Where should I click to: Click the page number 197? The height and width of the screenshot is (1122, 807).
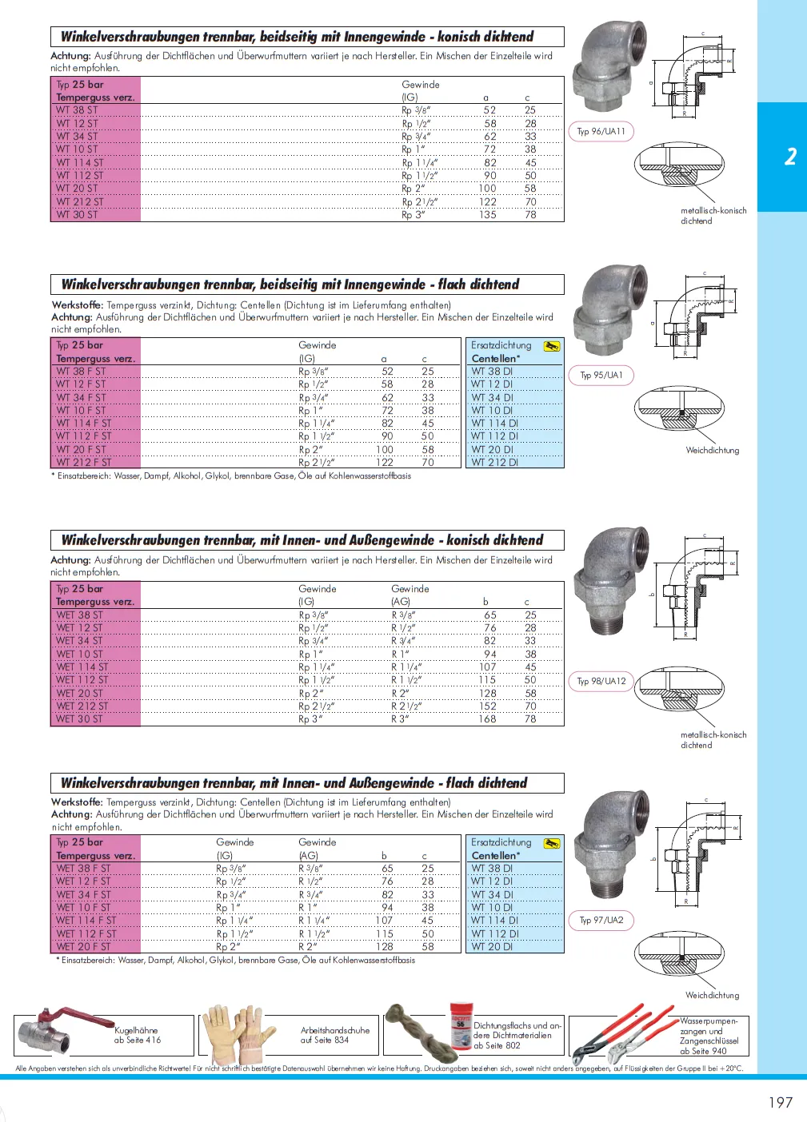pos(780,1102)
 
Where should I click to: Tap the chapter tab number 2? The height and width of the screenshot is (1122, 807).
pos(790,156)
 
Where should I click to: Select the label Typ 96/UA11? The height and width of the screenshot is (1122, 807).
pos(601,132)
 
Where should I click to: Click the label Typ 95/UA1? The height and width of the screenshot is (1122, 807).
pos(601,375)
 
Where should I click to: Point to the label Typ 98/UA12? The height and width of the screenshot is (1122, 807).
pos(601,681)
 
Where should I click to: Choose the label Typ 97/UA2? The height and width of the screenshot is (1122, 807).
pos(601,920)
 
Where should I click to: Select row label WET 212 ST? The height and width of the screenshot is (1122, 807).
pos(82,706)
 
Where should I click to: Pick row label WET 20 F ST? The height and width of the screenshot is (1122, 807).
pos(83,947)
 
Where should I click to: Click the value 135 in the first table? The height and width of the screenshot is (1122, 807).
pos(488,215)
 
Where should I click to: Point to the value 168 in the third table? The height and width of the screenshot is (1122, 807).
pos(488,719)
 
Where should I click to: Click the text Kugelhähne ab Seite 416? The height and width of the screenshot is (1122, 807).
pos(138,1036)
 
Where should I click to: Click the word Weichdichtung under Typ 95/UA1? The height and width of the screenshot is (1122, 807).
pos(712,451)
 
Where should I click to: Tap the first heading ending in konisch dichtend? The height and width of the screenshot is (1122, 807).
pos(297,37)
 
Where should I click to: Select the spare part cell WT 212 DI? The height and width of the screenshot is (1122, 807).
pos(494,462)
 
